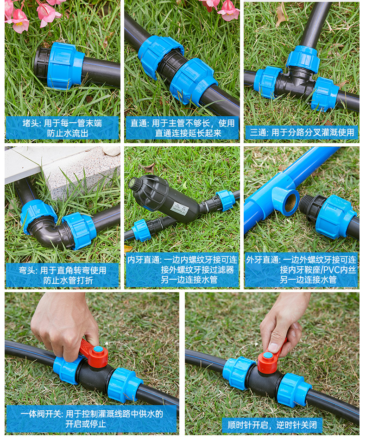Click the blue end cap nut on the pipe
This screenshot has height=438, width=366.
65,66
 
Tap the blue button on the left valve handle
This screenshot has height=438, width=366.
98,349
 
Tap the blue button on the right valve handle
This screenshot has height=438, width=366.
267,356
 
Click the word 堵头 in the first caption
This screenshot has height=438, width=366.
31,123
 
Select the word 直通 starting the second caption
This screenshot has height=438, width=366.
139,123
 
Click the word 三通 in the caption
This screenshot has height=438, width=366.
258,132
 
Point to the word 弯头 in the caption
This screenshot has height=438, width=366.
27,270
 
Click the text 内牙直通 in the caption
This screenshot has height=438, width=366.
144,260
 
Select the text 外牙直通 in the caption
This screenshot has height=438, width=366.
263,260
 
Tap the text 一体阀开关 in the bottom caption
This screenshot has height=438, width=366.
41,414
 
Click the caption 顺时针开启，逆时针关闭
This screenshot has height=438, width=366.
272,425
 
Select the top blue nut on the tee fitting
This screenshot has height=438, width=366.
303,57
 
